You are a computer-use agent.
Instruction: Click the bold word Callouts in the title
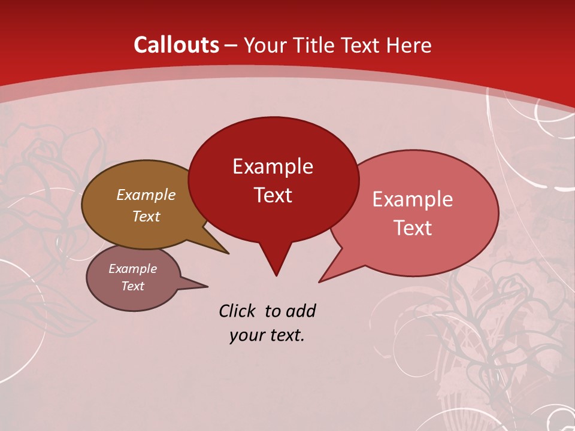tap(176, 45)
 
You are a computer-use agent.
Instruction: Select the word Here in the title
tap(408, 45)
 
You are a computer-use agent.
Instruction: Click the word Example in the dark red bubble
tap(273, 166)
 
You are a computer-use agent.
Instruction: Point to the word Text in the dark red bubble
tap(273, 195)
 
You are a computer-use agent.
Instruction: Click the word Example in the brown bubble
tap(146, 195)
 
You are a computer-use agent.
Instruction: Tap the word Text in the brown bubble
tap(146, 216)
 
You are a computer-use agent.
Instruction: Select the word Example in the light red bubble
tap(413, 199)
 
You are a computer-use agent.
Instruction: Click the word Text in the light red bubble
tap(413, 228)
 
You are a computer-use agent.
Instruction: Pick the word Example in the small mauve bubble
tap(132, 269)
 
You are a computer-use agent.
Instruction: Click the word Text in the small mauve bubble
tap(132, 286)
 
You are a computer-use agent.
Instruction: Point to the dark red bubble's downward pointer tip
tap(276, 275)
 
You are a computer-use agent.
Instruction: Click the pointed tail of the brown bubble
tap(227, 253)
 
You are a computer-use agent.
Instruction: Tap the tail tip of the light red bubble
tap(320, 281)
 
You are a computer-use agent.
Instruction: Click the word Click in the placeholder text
tap(238, 311)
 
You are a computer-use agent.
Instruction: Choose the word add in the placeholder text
tap(300, 311)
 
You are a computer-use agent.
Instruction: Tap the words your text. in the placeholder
tap(267, 335)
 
